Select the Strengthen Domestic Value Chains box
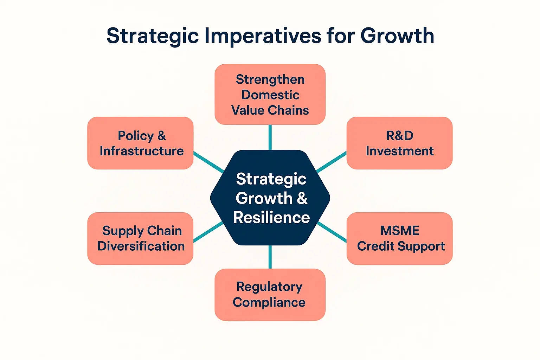click(x=270, y=94)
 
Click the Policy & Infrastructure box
click(x=140, y=143)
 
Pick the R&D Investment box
click(x=399, y=143)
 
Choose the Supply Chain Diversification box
click(x=140, y=238)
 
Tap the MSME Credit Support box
click(x=399, y=238)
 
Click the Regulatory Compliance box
click(x=270, y=295)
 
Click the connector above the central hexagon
click(x=270, y=137)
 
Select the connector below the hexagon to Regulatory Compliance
click(x=270, y=257)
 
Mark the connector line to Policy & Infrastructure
click(x=208, y=162)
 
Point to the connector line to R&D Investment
click(x=331, y=162)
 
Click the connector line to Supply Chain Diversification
click(x=208, y=232)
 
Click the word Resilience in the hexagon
click(x=271, y=218)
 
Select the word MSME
click(x=400, y=231)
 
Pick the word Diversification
click(x=141, y=246)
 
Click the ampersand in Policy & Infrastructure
click(x=161, y=136)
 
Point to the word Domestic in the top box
click(x=270, y=95)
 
